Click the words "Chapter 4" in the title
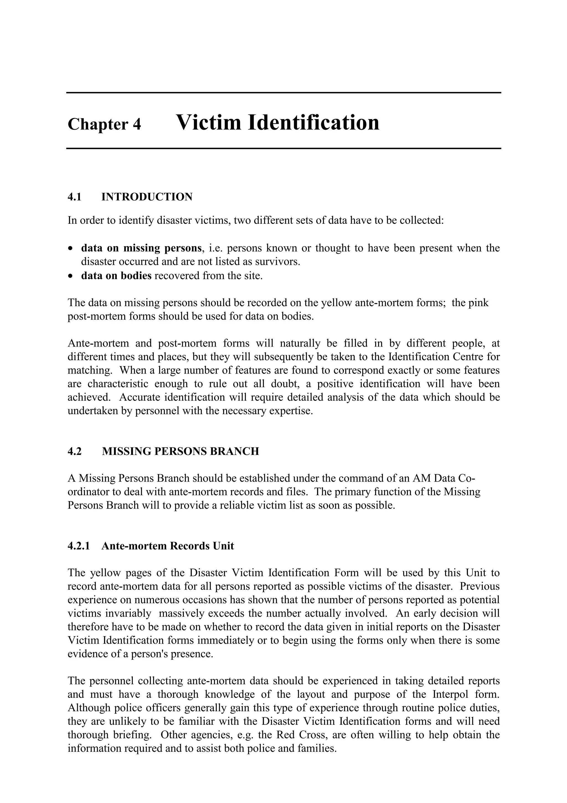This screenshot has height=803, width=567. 104,124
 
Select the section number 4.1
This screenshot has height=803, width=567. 74,197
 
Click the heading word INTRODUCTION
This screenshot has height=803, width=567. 147,197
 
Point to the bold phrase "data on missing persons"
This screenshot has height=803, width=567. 141,248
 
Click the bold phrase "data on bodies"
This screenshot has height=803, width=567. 116,276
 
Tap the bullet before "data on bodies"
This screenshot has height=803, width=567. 71,276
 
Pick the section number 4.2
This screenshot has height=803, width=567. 74,451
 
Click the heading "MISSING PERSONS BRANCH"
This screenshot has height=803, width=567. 180,451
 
